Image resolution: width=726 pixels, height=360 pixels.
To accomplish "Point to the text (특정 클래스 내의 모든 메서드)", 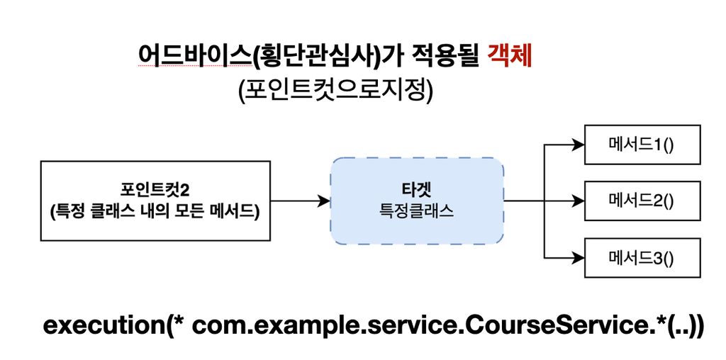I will [x=155, y=211].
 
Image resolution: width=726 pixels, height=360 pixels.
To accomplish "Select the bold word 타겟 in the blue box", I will [x=417, y=190].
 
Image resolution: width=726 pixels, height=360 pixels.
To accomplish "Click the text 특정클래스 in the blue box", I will [x=417, y=210].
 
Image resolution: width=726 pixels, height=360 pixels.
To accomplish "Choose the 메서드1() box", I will [x=642, y=145].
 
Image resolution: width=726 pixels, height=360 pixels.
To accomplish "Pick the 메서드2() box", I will [x=642, y=201].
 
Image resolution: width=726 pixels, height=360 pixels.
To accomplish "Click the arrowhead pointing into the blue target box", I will [x=325, y=201].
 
